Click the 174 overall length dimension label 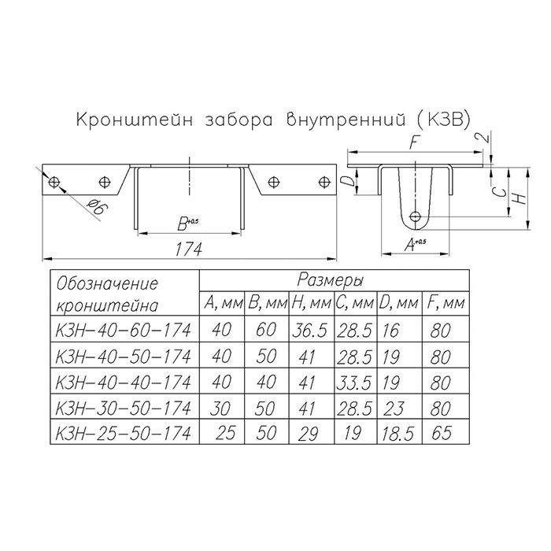(189, 250)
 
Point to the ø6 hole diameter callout (97, 207)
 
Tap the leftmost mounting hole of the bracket (54, 182)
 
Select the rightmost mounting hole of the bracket (324, 182)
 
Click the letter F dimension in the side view (415, 142)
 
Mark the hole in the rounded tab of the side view (416, 216)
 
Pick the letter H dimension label (520, 198)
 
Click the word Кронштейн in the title (135, 120)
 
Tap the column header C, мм (354, 303)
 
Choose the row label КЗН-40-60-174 (124, 330)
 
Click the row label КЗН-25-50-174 (124, 433)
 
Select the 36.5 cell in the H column (309, 331)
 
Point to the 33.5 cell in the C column (354, 383)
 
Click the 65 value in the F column (441, 433)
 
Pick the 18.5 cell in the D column (398, 434)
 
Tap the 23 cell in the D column (394, 409)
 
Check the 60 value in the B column (266, 330)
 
